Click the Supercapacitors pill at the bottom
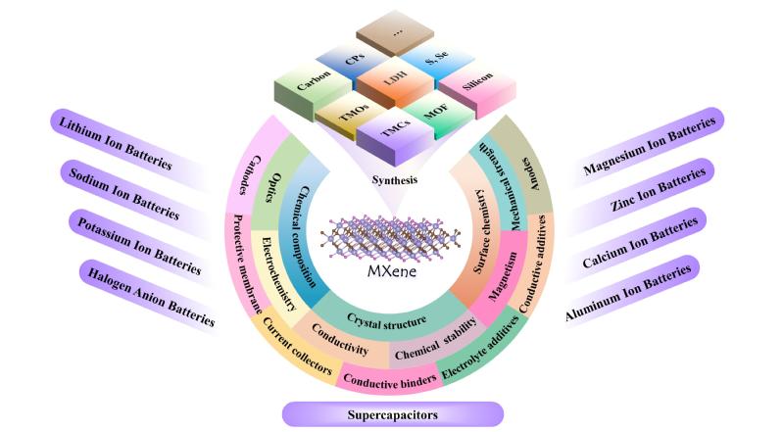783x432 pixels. [393, 414]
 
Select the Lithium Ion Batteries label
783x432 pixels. [116, 143]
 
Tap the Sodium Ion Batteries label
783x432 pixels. [123, 194]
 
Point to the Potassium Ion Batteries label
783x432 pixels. [139, 246]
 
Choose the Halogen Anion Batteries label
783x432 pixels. [151, 297]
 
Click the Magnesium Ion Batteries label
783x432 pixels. [649, 145]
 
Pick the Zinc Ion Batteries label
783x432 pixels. [658, 189]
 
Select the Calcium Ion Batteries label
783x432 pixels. [640, 242]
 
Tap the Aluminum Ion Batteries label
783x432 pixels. [628, 293]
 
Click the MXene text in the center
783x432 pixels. [392, 271]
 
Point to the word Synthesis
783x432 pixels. [395, 180]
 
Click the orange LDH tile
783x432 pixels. [395, 81]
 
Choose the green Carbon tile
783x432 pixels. [314, 88]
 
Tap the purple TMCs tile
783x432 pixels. [395, 134]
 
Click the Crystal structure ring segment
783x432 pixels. [387, 320]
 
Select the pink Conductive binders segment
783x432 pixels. [390, 382]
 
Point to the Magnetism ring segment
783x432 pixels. [501, 277]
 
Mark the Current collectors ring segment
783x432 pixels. [297, 347]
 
